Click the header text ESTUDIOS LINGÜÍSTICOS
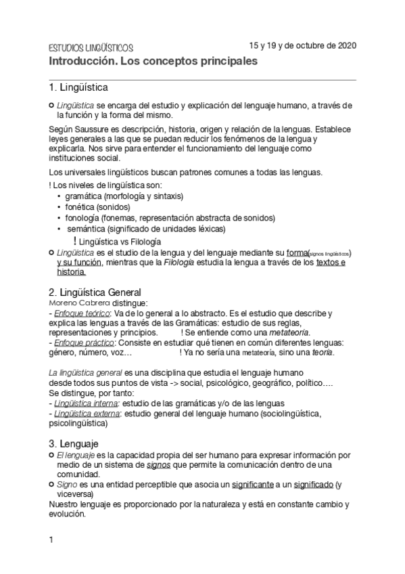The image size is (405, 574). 91,49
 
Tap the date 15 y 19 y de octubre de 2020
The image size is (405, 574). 302,46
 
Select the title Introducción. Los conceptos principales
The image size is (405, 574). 152,62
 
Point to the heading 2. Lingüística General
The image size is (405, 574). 94,292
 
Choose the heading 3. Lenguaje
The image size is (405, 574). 74,443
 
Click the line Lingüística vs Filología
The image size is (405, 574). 120,241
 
